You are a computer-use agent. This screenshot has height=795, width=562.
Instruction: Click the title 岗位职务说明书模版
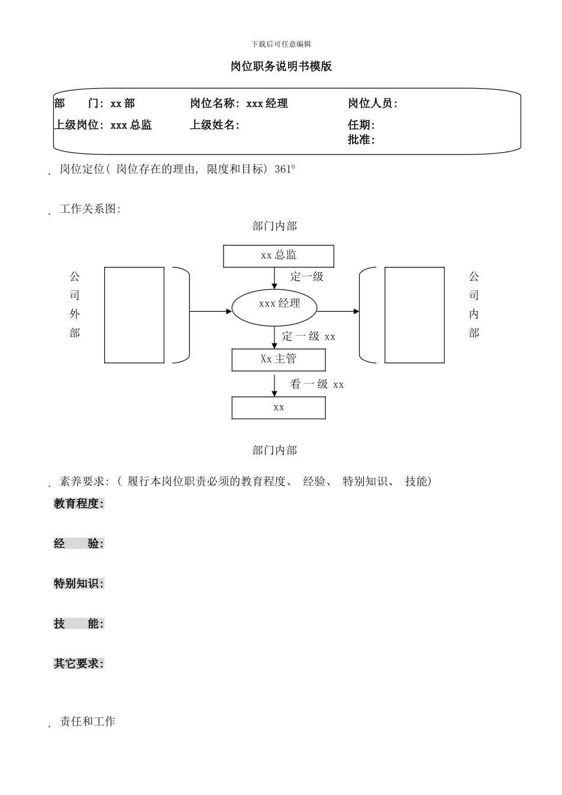(x=281, y=67)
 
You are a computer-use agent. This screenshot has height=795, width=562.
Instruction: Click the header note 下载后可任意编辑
(x=281, y=44)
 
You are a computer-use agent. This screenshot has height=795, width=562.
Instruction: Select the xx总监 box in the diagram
(x=278, y=256)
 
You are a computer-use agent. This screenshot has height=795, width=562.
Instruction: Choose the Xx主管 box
(x=278, y=360)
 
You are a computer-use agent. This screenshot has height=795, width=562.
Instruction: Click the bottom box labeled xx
(x=278, y=408)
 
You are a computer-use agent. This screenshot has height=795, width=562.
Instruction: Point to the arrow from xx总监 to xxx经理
(x=274, y=278)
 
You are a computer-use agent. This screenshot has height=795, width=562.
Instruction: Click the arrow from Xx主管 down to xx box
(x=274, y=384)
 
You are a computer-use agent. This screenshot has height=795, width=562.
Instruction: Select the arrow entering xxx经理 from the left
(x=210, y=311)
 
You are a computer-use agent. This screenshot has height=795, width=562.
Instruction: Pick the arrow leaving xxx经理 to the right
(x=338, y=311)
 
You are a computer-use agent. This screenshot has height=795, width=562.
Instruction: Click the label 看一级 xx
(x=317, y=384)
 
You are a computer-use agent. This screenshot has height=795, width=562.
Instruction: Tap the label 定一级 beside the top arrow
(x=307, y=276)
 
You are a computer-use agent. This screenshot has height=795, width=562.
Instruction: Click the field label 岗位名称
(x=213, y=104)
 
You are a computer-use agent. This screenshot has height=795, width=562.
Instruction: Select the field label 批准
(x=360, y=140)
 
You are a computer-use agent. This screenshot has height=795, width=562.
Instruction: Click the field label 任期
(x=360, y=125)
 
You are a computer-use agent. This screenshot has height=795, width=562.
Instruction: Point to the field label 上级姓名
(x=213, y=125)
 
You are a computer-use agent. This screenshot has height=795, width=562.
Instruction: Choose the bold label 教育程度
(x=78, y=504)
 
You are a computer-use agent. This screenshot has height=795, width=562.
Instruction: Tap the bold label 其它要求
(x=78, y=664)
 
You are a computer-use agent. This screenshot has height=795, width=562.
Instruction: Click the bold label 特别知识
(x=78, y=584)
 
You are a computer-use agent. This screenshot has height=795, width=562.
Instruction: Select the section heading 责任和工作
(x=88, y=722)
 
